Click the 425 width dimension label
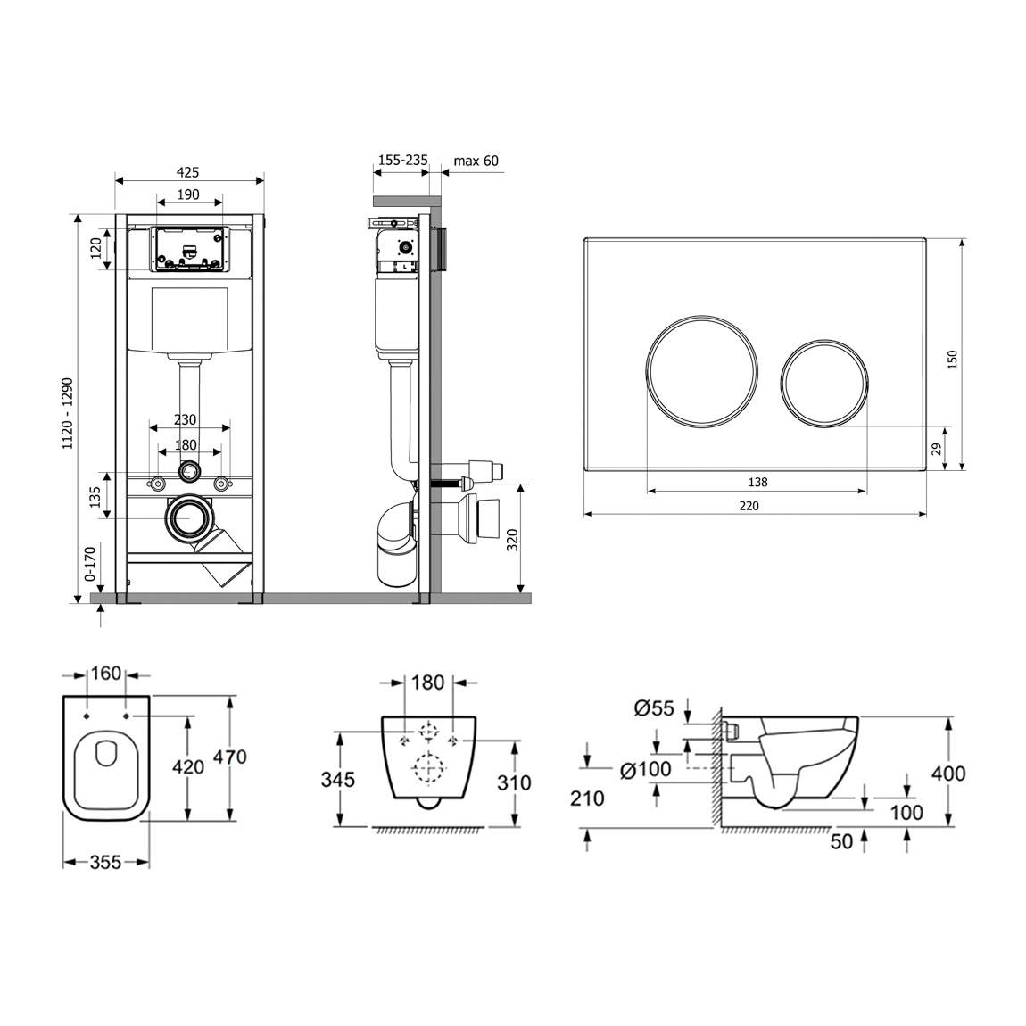tap(187, 173)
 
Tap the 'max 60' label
tap(476, 161)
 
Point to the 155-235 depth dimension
tap(403, 161)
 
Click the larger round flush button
tap(703, 371)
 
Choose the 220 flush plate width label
tap(749, 506)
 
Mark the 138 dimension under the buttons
tap(757, 483)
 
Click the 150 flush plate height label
tap(953, 360)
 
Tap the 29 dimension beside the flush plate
tap(937, 449)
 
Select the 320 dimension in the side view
tap(512, 540)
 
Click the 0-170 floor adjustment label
tap(89, 564)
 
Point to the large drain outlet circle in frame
tap(190, 517)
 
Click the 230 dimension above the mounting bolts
tap(186, 419)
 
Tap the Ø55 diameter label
tap(654, 708)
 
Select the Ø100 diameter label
tap(646, 769)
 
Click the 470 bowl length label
tap(229, 757)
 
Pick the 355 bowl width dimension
tap(105, 863)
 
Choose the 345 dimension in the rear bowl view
tap(337, 780)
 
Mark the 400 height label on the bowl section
tap(948, 774)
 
